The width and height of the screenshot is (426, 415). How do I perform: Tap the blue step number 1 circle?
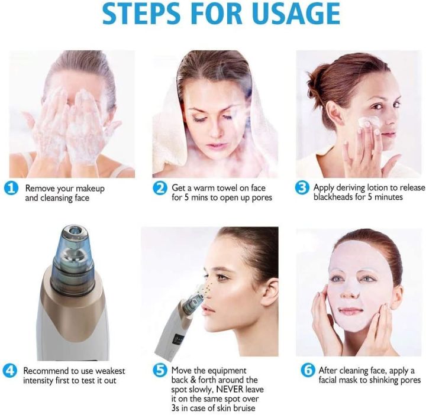[11, 189]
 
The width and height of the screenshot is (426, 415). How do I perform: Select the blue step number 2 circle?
[160, 189]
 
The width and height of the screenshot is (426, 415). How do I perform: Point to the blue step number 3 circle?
[302, 189]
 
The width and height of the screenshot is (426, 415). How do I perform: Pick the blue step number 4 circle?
[11, 371]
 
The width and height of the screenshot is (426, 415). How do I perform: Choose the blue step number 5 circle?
[160, 371]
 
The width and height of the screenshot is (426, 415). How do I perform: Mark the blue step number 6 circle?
[307, 371]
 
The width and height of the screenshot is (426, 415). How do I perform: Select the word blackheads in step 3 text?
[334, 197]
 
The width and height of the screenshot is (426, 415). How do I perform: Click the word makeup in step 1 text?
[91, 188]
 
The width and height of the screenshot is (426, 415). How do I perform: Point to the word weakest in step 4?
[99, 371]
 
